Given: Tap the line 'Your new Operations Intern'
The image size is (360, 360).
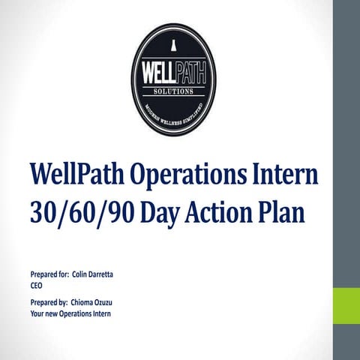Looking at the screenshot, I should pos(70,313).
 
